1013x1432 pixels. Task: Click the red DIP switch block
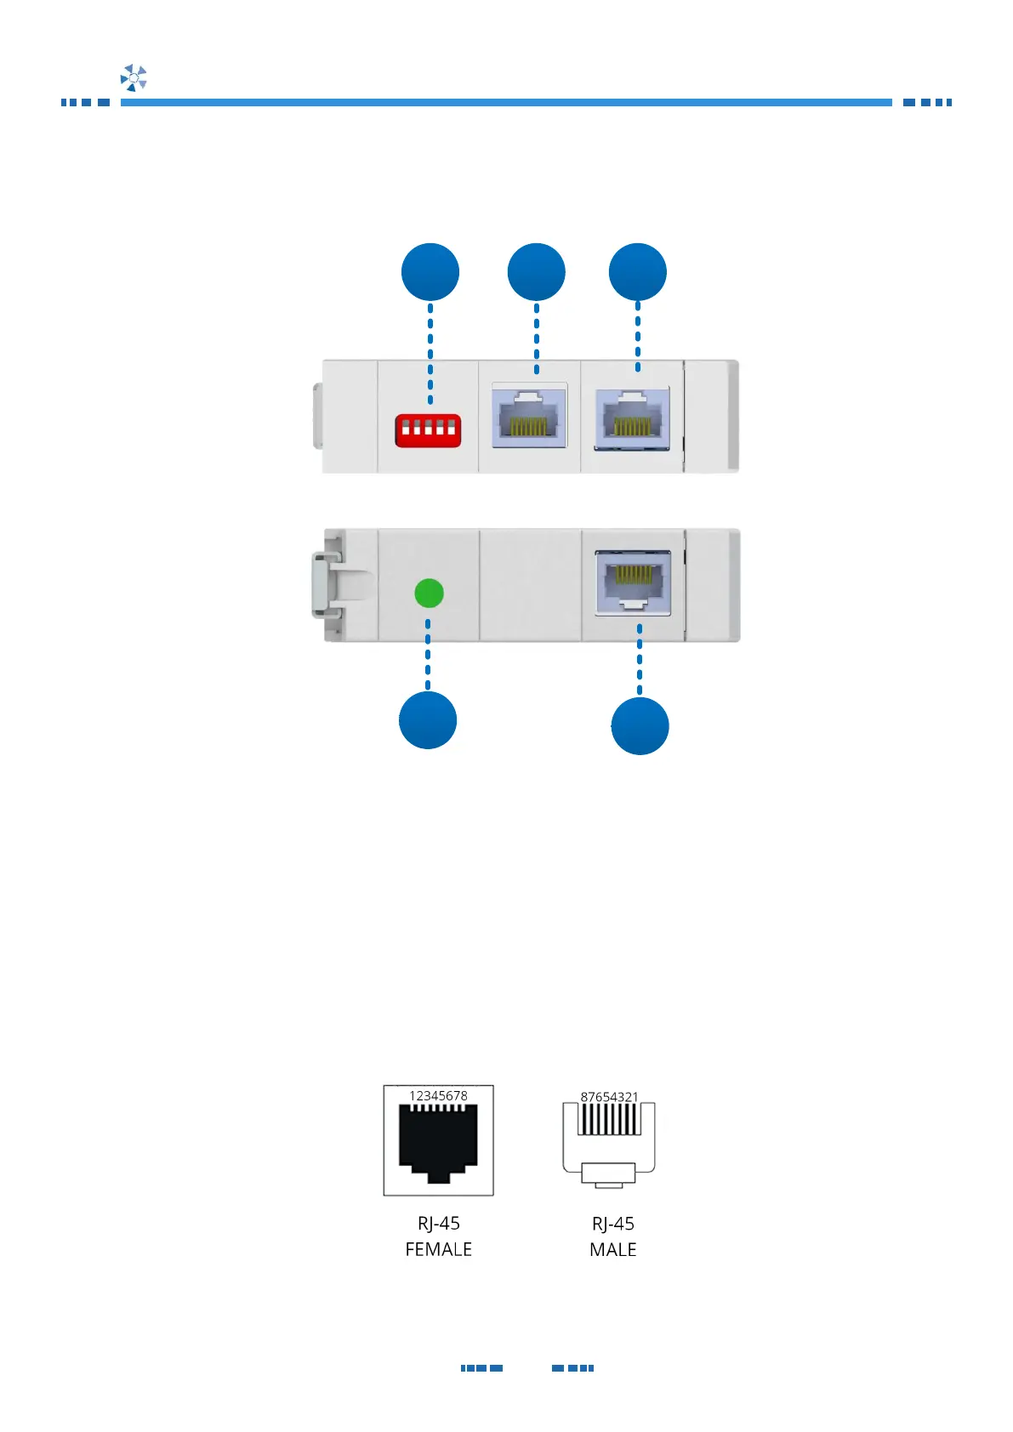tap(428, 430)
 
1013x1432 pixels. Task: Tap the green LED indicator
tap(429, 593)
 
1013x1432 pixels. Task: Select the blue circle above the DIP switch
tap(430, 272)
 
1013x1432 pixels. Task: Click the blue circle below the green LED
tap(428, 720)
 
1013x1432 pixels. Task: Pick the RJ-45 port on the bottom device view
tap(633, 582)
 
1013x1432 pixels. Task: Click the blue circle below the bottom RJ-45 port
tap(640, 726)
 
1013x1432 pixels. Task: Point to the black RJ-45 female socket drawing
tap(438, 1143)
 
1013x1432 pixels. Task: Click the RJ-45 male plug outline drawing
tap(609, 1139)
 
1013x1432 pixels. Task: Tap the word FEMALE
tap(438, 1249)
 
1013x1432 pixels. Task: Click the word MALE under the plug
tap(612, 1249)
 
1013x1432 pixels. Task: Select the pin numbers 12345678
tap(438, 1095)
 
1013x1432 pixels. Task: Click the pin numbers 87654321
tap(609, 1096)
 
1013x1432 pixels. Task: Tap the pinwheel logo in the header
tap(134, 77)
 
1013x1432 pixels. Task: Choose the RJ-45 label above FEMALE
tap(438, 1223)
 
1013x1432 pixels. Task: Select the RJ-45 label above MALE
tap(612, 1223)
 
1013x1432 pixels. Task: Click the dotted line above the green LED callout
tap(428, 655)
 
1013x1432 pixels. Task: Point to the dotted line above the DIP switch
tap(430, 353)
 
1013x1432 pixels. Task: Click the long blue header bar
tap(506, 102)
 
